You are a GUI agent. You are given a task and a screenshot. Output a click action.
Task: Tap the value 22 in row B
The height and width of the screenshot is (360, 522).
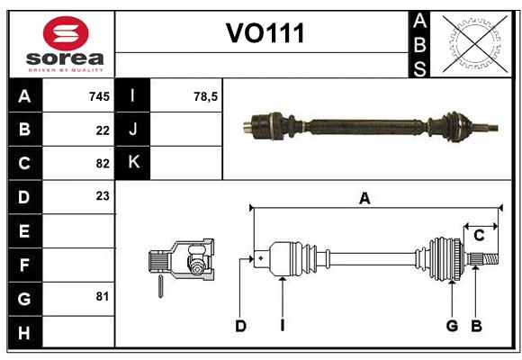102,130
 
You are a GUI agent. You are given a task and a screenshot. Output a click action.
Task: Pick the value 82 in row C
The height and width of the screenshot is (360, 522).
102,163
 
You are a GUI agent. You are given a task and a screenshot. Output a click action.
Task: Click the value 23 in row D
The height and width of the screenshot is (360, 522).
102,195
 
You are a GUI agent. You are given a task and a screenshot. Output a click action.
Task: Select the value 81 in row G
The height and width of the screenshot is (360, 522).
102,295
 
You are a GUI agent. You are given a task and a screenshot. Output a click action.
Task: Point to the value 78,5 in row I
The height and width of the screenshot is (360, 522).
206,96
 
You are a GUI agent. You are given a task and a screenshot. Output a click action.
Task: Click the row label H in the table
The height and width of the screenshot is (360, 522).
23,332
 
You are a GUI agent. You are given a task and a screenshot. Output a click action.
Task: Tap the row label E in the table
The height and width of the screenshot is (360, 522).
23,231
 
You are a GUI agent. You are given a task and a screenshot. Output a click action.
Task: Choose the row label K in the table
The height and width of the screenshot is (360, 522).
133,163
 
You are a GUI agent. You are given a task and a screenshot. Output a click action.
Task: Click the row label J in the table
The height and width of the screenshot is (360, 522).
133,130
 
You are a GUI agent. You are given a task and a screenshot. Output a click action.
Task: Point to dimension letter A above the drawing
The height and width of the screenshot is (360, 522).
364,199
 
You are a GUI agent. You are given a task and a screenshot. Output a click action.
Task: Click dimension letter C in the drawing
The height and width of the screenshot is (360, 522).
480,236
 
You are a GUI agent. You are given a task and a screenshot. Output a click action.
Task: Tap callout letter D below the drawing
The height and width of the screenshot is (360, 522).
240,325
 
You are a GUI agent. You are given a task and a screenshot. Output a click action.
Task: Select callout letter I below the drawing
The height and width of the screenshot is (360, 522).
282,325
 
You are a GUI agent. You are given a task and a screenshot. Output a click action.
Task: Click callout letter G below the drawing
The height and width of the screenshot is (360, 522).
452,325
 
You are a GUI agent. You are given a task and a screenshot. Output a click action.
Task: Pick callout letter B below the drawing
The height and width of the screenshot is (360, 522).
477,325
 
